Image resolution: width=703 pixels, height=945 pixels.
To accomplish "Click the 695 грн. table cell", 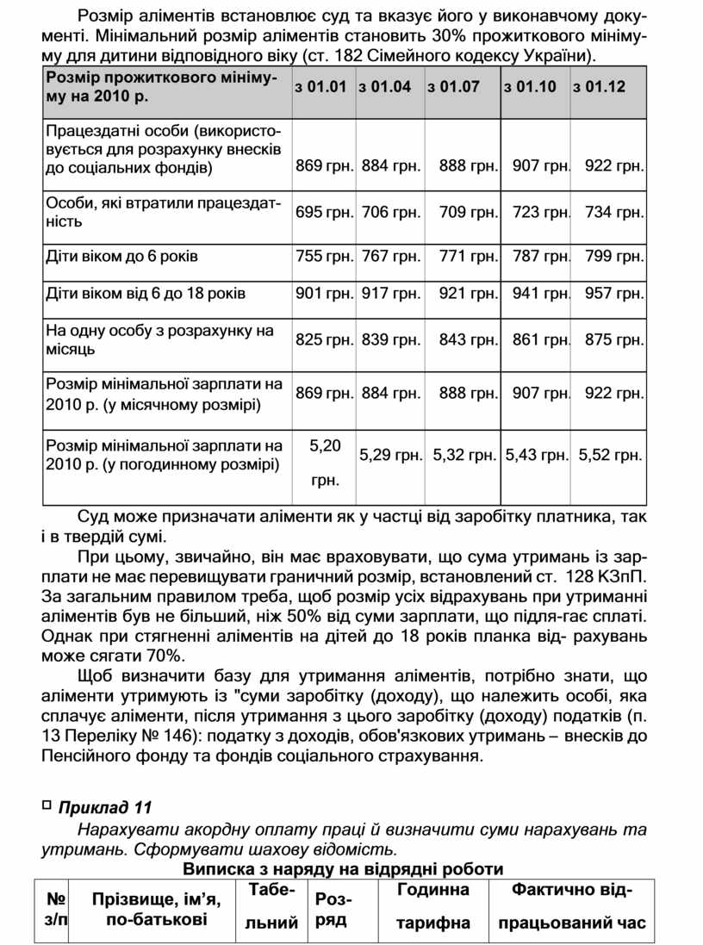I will pos(324,212).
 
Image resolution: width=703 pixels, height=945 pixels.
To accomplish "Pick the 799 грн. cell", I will pos(613,256).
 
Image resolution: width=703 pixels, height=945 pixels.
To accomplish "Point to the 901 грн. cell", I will pos(324,294).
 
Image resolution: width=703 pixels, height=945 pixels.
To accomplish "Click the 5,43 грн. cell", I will pos(536,454).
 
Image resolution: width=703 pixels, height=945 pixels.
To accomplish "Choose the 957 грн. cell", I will pos(613,294).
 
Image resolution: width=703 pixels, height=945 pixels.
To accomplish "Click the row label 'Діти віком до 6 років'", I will pos(121,256).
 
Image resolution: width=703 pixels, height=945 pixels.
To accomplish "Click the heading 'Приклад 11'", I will pos(104,807).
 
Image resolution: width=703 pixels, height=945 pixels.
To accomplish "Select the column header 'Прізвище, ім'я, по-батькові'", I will pos(156,911).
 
